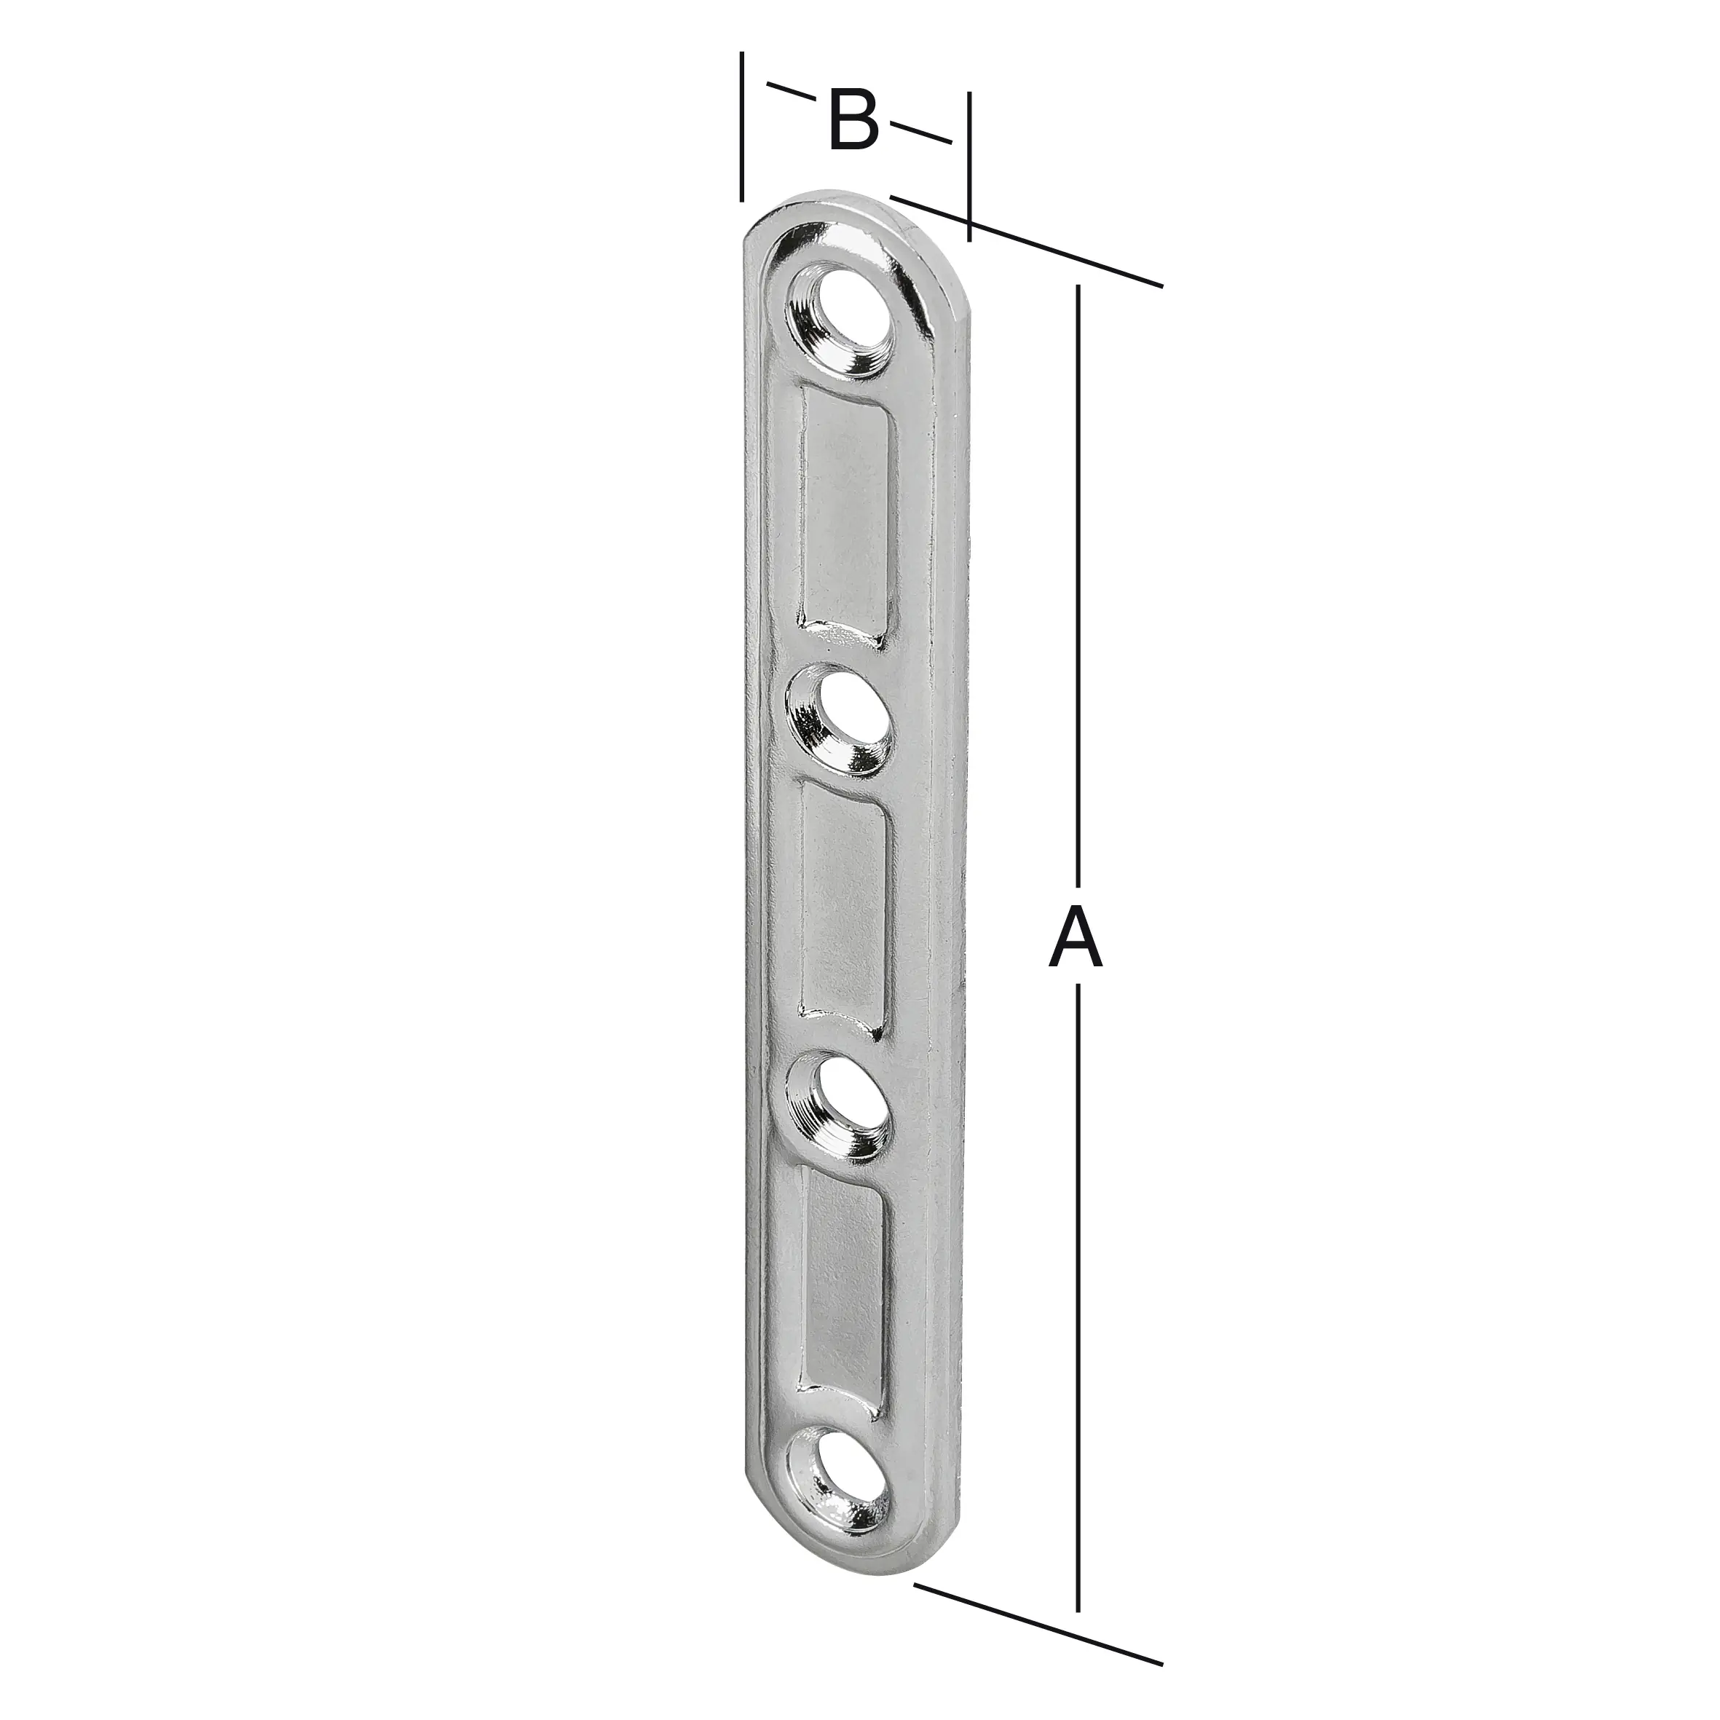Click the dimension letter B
[x=853, y=120]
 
